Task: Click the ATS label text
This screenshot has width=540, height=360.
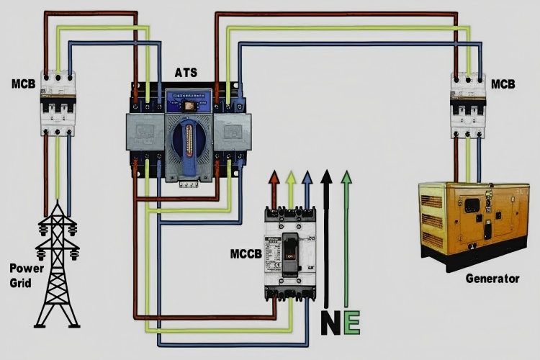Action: click(188, 73)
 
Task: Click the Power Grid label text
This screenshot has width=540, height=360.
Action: click(21, 274)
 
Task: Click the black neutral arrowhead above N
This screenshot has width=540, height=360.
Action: click(327, 176)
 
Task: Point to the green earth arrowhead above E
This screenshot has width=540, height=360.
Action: click(347, 176)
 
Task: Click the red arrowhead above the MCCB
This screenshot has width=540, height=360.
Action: click(274, 177)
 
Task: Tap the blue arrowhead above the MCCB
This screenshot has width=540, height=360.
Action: click(307, 177)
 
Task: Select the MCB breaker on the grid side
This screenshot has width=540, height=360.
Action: click(58, 103)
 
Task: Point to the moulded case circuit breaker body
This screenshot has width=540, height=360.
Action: click(291, 252)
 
